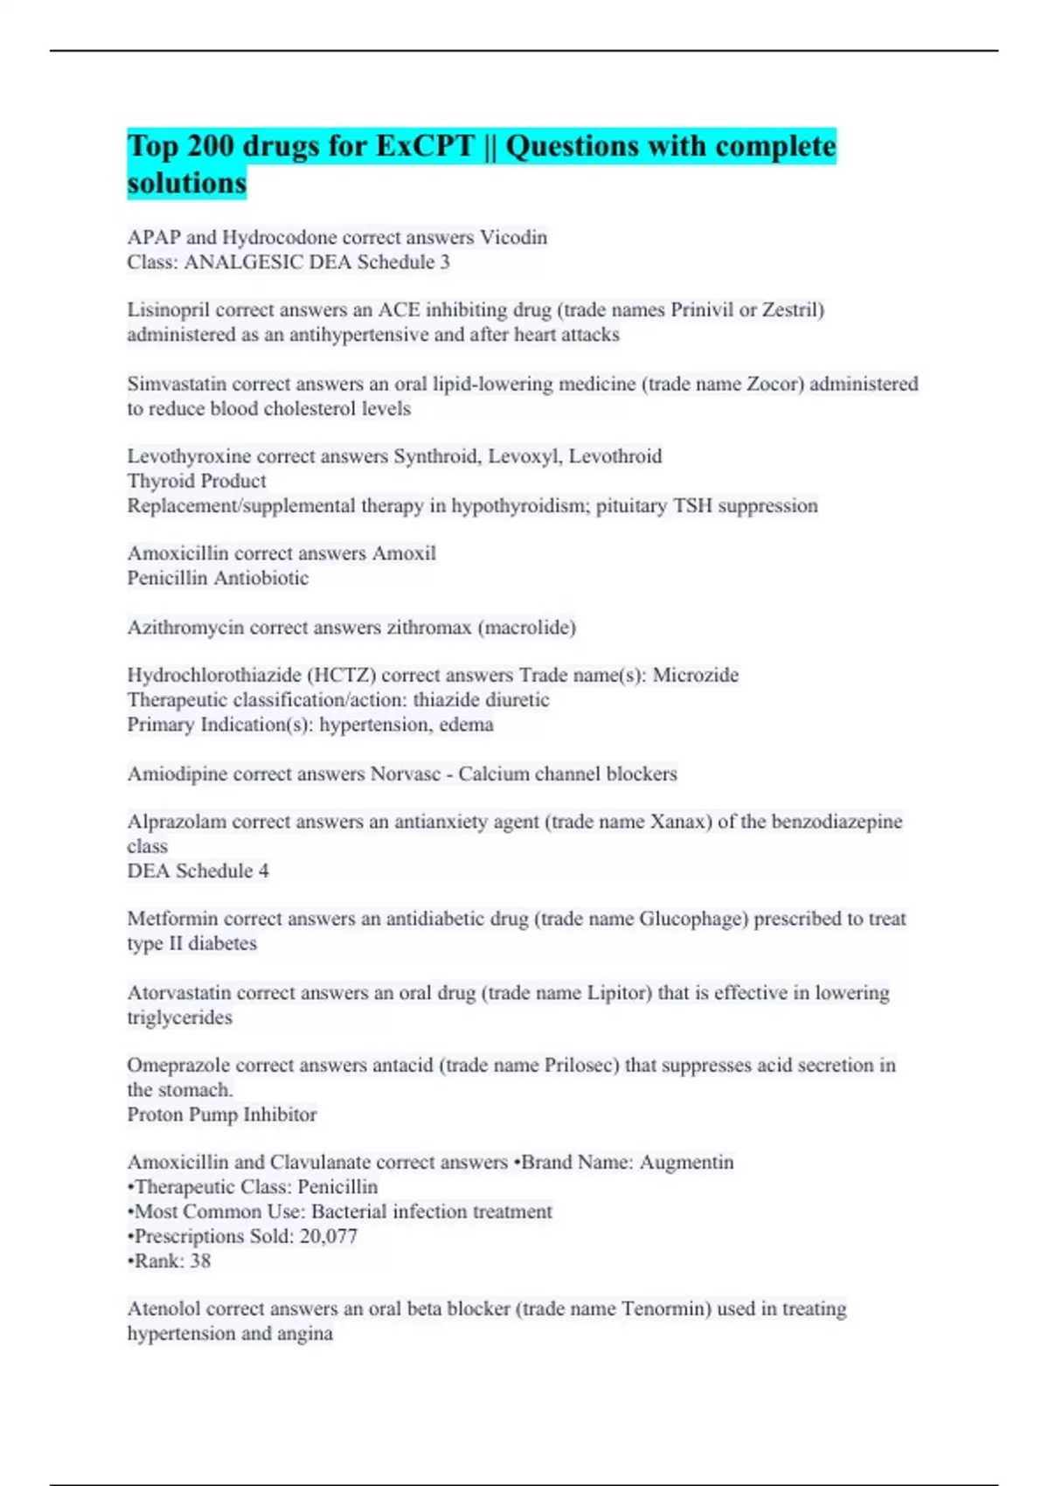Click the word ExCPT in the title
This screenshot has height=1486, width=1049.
(425, 146)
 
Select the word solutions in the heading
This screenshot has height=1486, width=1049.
(186, 184)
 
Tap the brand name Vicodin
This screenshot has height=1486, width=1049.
(514, 238)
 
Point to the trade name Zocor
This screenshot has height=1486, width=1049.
(775, 384)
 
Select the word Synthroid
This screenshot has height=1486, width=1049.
(435, 456)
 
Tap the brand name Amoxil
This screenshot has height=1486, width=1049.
(404, 553)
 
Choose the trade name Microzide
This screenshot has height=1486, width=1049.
(696, 676)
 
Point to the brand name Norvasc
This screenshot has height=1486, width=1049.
(406, 774)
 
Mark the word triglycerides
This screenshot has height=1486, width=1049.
(179, 1017)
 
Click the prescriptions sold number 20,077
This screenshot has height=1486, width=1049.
(327, 1237)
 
